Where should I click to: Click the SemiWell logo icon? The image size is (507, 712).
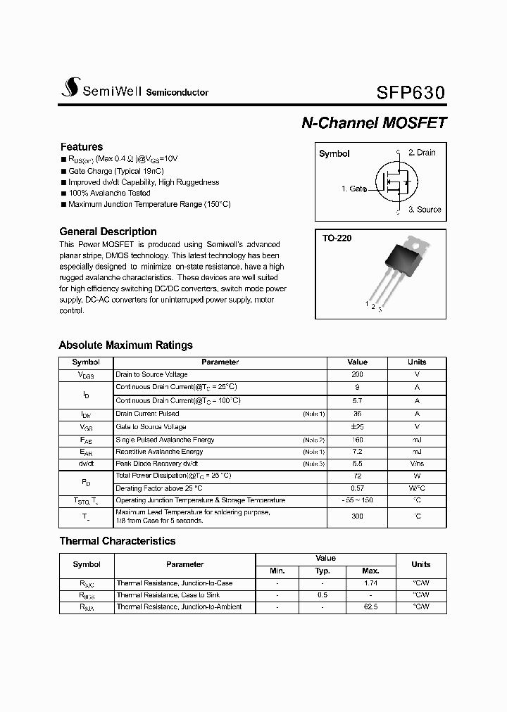(69, 87)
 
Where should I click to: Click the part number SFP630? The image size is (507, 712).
(411, 93)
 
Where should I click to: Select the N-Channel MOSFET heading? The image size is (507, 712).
(373, 122)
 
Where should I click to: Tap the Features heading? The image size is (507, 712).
(81, 147)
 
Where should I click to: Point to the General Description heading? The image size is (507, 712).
(108, 231)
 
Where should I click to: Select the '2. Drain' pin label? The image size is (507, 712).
(422, 153)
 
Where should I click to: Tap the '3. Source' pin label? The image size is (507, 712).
(425, 210)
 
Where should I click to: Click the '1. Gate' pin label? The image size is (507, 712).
(354, 189)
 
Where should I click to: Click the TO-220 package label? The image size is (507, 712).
(337, 239)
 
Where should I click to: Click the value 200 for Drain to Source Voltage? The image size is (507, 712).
(357, 375)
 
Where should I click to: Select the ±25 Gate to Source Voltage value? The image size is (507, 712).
(357, 427)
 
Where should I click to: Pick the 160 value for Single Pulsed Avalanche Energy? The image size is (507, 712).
(357, 440)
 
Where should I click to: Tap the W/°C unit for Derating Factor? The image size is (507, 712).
(417, 488)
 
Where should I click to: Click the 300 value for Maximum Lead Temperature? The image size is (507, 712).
(357, 516)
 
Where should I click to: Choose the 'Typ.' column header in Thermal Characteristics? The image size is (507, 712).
(323, 571)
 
